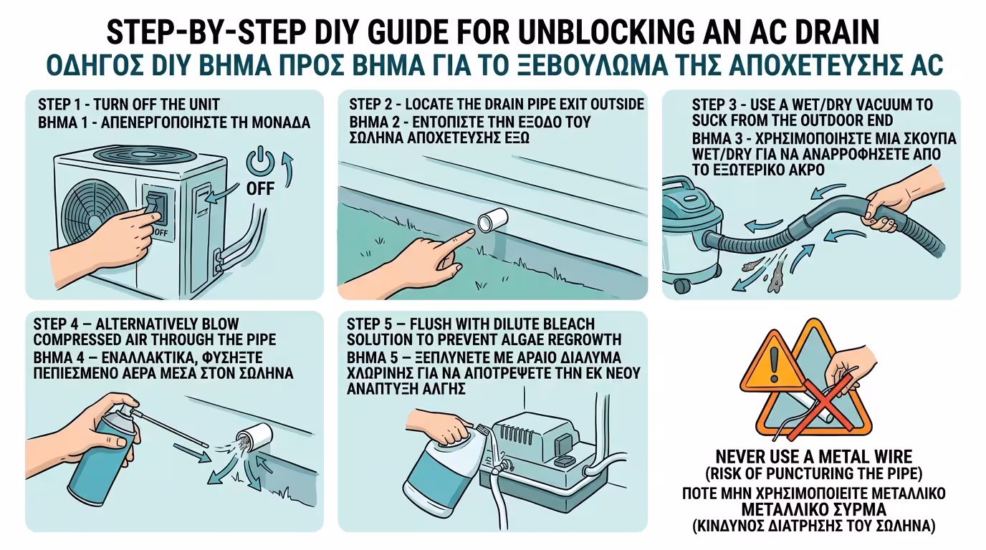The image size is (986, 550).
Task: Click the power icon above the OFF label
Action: click(260, 161)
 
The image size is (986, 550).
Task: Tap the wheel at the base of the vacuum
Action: click(682, 286)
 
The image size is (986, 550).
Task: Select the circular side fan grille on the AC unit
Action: click(94, 211)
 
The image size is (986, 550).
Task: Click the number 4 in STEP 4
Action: click(75, 324)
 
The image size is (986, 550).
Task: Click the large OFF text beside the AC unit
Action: click(260, 189)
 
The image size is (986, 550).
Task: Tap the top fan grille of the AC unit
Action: click(144, 155)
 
